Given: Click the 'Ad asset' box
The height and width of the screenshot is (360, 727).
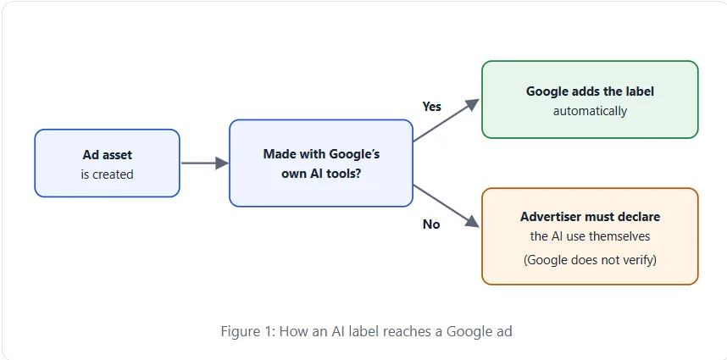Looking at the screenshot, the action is [107, 163].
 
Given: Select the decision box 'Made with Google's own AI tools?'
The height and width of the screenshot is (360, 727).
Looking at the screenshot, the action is [321, 163].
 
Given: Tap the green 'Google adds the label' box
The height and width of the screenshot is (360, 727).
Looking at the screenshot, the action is [590, 100].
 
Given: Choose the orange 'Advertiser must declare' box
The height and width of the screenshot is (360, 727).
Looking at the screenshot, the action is [590, 236].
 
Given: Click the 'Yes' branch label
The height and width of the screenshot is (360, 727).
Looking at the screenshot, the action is [431, 107].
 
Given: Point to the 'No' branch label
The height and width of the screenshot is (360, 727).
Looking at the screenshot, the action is [431, 224].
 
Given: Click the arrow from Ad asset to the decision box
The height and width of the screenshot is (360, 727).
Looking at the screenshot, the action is [205, 163].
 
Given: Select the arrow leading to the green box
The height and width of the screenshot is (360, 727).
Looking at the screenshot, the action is [446, 120].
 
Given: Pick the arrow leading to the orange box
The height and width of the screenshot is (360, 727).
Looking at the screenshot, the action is [446, 206].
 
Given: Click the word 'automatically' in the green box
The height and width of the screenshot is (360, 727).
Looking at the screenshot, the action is [590, 111].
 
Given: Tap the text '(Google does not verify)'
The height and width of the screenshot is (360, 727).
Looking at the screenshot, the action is [590, 260].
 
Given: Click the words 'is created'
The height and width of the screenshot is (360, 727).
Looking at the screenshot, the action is [107, 174].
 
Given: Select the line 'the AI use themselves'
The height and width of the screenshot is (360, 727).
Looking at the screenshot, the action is [590, 236].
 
